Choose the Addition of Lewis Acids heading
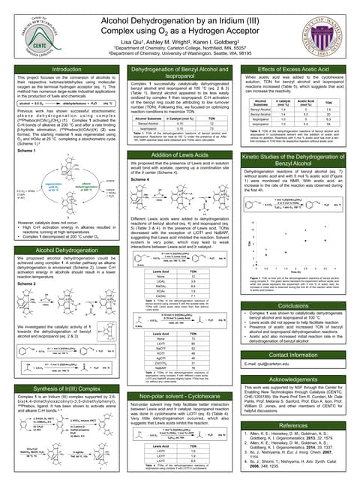[x=179, y=153]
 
